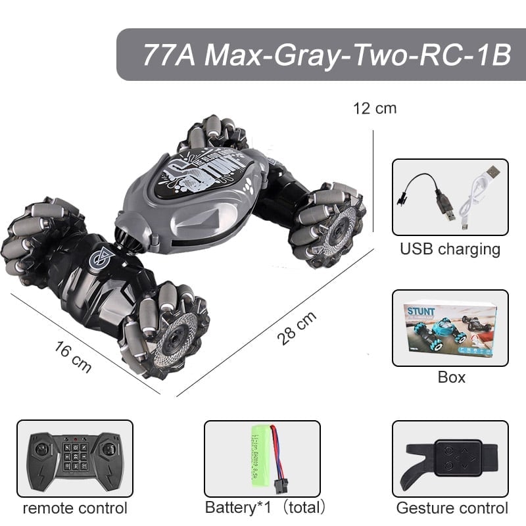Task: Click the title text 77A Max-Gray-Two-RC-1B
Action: click(x=326, y=55)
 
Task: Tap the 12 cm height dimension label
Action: click(x=375, y=108)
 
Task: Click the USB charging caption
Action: click(x=450, y=250)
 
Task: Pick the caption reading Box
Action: click(x=451, y=377)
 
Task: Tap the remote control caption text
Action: click(x=74, y=508)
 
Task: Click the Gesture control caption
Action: click(x=452, y=508)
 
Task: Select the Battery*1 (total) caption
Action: click(x=265, y=508)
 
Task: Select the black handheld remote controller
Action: click(x=74, y=458)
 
